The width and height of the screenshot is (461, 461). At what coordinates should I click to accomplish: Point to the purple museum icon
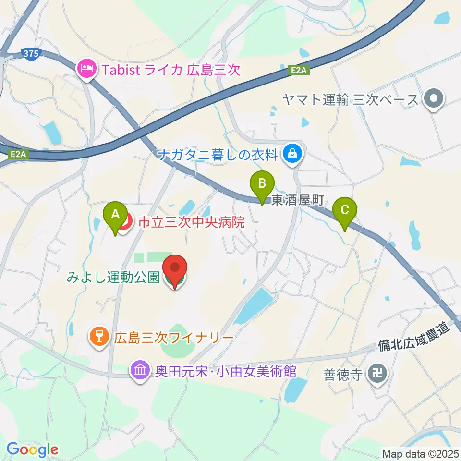[x=140, y=370]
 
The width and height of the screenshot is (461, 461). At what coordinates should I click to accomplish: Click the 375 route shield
[x=31, y=54]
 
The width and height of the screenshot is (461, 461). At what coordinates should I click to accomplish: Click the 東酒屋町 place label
[x=298, y=200]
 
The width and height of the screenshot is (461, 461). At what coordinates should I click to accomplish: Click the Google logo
[x=32, y=449]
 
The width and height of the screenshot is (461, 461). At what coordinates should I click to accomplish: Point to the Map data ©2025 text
[x=420, y=453]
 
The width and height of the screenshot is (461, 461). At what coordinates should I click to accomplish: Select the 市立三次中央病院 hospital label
[x=192, y=222]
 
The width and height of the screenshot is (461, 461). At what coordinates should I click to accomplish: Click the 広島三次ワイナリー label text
[x=173, y=338]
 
